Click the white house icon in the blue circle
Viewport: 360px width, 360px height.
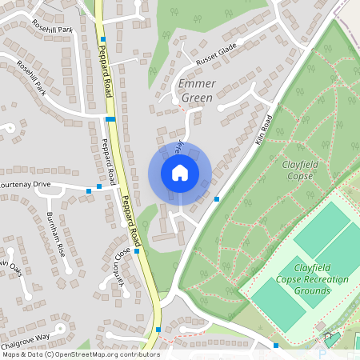[180, 172]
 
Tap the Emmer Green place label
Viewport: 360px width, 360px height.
[196, 90]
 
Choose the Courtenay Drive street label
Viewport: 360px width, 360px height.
[37, 185]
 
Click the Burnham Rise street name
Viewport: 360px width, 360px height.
[56, 234]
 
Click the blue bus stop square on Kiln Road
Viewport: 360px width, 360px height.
[217, 198]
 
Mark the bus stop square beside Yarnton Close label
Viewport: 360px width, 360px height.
[138, 251]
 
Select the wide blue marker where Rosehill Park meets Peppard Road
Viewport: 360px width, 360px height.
[110, 119]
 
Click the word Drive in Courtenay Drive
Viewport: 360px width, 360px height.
[58, 185]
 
